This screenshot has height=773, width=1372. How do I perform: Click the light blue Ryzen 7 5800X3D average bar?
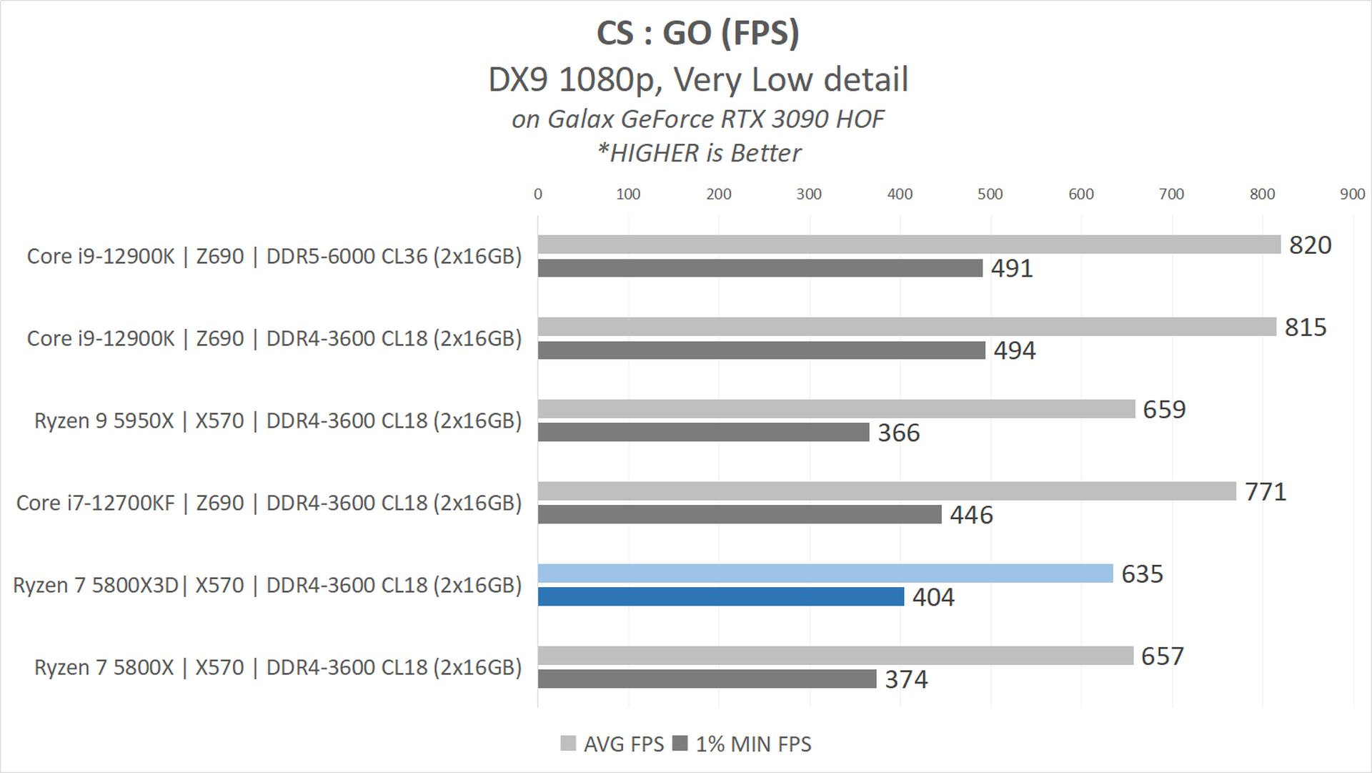pyautogui.click(x=825, y=573)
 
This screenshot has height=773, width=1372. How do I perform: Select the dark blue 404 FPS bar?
pyautogui.click(x=721, y=596)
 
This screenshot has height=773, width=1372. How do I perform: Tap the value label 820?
pyautogui.click(x=1310, y=245)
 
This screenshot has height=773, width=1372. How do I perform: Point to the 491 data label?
pyautogui.click(x=1012, y=269)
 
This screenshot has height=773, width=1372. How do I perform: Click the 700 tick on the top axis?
pyautogui.click(x=1171, y=194)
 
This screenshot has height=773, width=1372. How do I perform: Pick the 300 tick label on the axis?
pyautogui.click(x=809, y=194)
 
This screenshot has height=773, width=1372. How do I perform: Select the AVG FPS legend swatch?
pyautogui.click(x=568, y=744)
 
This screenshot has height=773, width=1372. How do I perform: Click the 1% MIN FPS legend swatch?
pyautogui.click(x=680, y=744)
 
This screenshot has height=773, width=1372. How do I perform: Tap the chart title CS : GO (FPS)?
pyautogui.click(x=697, y=34)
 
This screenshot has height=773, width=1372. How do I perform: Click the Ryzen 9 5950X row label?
pyautogui.click(x=278, y=420)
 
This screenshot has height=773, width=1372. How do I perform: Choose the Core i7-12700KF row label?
pyautogui.click(x=269, y=503)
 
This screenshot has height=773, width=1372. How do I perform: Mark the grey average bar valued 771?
pyautogui.click(x=887, y=491)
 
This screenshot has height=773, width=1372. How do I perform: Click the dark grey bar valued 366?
pyautogui.click(x=703, y=433)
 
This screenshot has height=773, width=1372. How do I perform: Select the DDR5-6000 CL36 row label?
pyautogui.click(x=274, y=256)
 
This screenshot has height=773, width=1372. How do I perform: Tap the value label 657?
pyautogui.click(x=1163, y=656)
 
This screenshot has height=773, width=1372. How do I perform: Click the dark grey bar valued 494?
pyautogui.click(x=762, y=350)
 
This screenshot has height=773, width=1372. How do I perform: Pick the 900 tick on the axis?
pyautogui.click(x=1352, y=194)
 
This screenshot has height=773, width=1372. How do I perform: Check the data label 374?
pyautogui.click(x=906, y=679)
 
